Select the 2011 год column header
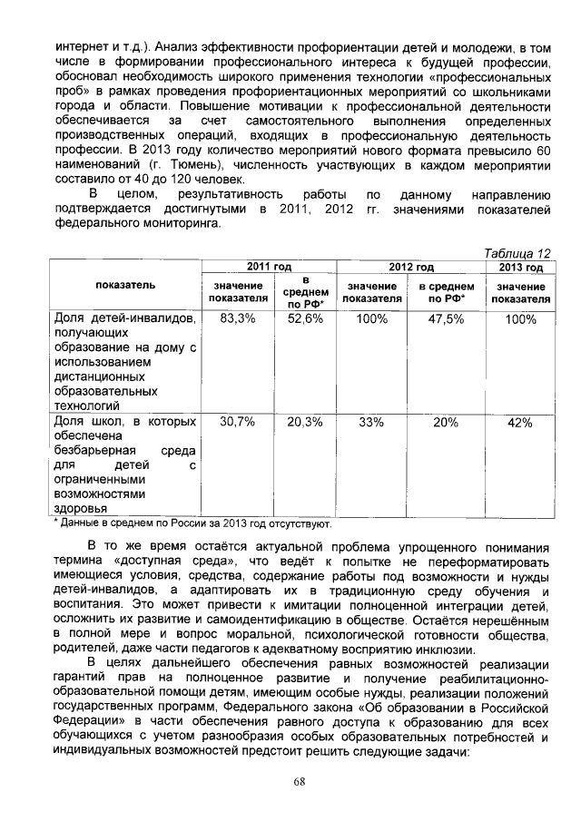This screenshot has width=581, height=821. click(268, 267)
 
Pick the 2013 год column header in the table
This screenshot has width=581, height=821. click(520, 267)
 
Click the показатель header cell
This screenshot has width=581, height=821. click(125, 285)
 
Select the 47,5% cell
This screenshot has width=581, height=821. click(446, 319)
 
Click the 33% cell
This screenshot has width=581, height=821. click(372, 422)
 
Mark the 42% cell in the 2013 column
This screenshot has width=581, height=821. click(520, 422)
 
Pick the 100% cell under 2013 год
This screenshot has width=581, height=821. click(520, 319)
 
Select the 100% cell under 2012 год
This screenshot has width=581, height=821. click(372, 319)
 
